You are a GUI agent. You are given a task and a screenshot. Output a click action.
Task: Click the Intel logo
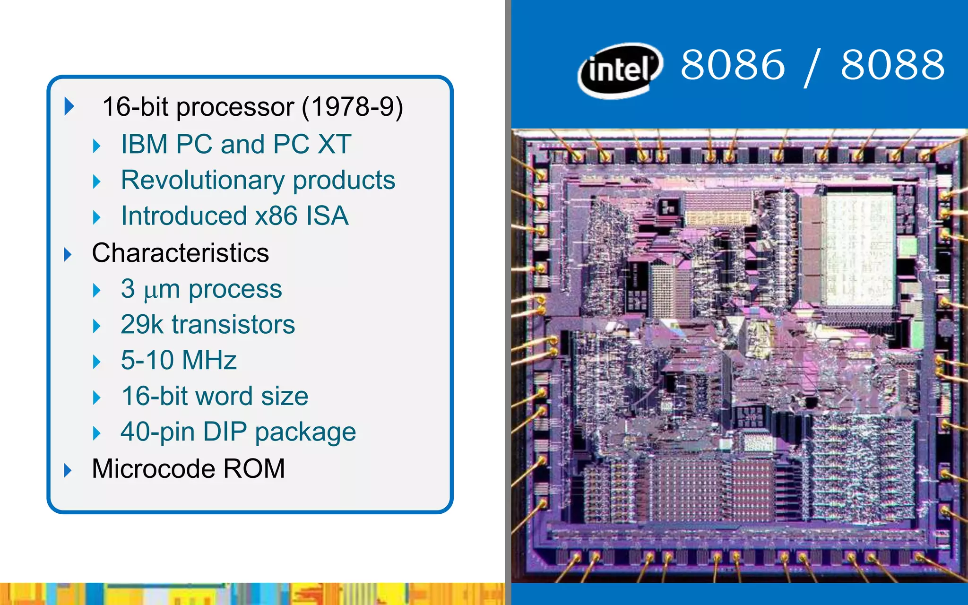[x=620, y=70]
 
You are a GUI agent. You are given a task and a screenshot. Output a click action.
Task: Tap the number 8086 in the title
[x=733, y=65]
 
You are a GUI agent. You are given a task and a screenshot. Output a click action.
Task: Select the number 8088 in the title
[x=892, y=65]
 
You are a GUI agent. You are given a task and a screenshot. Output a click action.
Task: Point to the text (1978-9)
[x=352, y=107]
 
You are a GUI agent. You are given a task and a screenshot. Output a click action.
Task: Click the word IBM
[x=144, y=144]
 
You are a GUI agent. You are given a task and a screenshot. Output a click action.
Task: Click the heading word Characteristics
[x=180, y=253]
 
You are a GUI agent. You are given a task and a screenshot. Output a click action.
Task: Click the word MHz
[x=209, y=360]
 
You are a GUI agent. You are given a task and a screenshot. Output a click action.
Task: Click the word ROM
[x=254, y=468]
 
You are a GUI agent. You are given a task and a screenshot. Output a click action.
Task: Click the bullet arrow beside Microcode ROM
[x=68, y=470]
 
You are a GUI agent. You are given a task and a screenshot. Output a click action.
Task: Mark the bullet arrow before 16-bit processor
[x=69, y=106]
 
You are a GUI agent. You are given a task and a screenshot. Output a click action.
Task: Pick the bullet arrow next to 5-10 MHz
[x=97, y=362]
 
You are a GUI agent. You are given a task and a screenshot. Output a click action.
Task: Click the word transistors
[x=233, y=325]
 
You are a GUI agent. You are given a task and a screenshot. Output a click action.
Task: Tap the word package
[x=305, y=432]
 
